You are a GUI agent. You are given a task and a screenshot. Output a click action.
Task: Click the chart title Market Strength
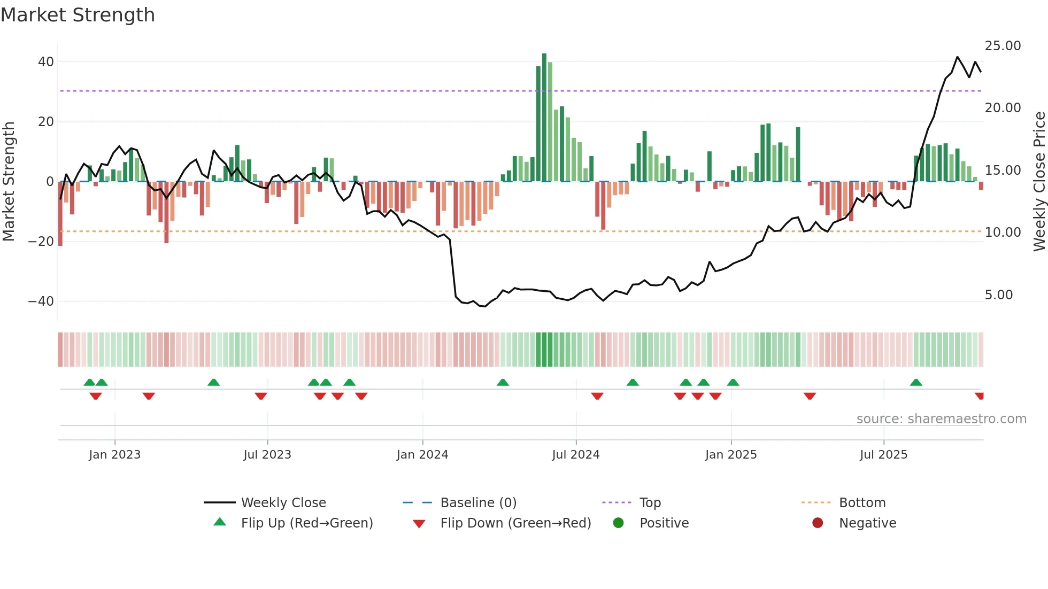coord(78,15)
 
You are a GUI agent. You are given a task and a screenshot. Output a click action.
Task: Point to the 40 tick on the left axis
coord(46,62)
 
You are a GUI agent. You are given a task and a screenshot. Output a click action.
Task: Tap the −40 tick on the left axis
coord(42,301)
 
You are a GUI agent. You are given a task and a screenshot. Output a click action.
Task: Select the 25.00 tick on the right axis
coord(1003,46)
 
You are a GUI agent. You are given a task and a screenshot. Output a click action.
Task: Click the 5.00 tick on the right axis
coord(998,295)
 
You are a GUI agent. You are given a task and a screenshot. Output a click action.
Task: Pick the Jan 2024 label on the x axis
coord(422,455)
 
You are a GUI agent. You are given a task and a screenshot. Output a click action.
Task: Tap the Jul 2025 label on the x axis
coord(883,455)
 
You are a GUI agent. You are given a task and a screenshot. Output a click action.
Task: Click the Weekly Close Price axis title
coord(1039,182)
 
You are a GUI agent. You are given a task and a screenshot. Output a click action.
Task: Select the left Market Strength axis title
coord(9,182)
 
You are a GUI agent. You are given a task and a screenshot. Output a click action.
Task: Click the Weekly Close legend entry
coord(283,503)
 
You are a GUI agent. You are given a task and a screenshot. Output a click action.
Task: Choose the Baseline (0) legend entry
coord(478,503)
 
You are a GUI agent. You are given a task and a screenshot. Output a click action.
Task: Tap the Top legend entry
coord(650,503)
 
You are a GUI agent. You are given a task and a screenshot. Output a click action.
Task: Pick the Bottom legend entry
coord(862,503)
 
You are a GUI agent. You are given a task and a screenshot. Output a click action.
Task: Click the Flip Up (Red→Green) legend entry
coord(306,523)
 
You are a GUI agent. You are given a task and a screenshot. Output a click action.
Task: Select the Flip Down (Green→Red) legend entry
coord(515,523)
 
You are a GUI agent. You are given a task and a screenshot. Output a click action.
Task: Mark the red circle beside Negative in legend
coord(817,523)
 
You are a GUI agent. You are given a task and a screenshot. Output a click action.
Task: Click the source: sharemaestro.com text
coord(941,419)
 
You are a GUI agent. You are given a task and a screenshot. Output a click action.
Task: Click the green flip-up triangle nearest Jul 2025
coord(915,383)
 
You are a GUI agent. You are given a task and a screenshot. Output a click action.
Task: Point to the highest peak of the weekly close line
coord(957,57)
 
